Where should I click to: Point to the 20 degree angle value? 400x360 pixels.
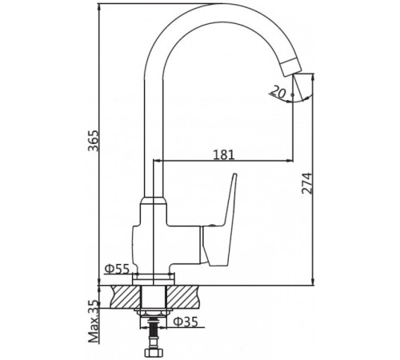[277, 92]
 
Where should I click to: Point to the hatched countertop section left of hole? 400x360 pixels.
[120, 296]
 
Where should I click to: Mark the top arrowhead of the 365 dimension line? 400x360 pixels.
[99, 7]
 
